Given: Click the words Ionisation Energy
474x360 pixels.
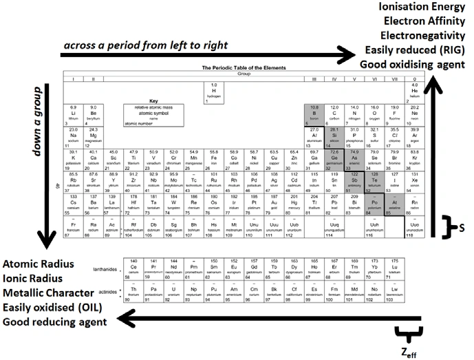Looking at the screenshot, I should (x=422, y=9).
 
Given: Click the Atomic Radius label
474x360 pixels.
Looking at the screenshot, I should (x=41, y=265).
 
